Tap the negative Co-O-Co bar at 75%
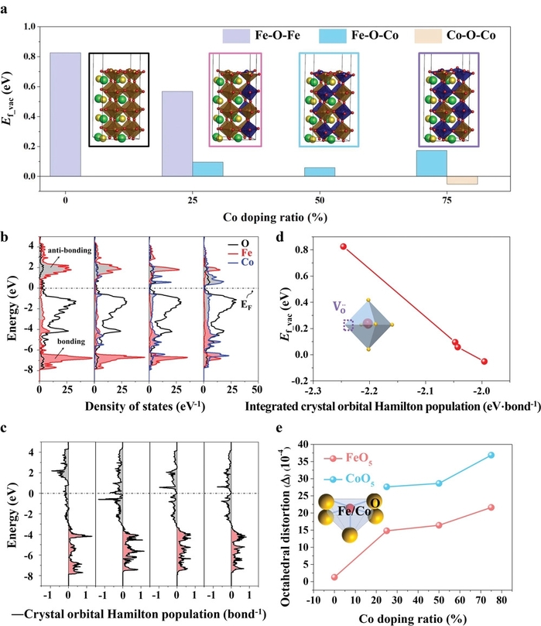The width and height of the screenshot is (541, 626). tap(462, 181)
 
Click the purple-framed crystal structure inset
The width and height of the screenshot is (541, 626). tap(448, 99)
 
